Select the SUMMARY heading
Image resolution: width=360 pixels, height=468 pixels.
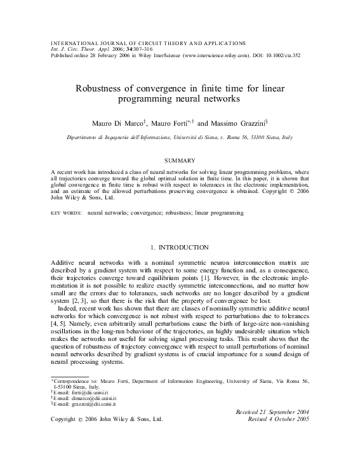point(180,159)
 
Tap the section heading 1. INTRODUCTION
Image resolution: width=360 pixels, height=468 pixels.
point(180,246)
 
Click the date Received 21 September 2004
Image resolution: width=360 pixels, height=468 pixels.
point(272,413)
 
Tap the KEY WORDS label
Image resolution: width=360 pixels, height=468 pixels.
point(65,213)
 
